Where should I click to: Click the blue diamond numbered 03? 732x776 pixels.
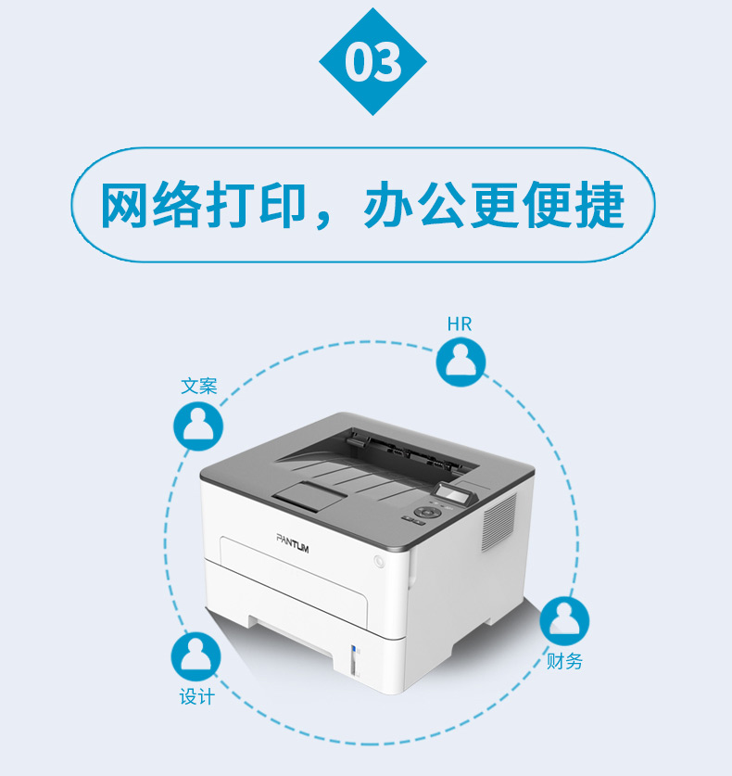[x=372, y=61]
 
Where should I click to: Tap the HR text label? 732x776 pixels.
[x=460, y=324]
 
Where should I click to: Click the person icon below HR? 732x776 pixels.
[x=461, y=362]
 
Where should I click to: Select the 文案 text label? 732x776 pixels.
[x=199, y=386]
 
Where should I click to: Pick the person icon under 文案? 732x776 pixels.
[x=198, y=426]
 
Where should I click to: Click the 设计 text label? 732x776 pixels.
[x=196, y=697]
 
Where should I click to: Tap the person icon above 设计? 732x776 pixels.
[x=196, y=656]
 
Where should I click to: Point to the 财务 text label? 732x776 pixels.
[x=564, y=661]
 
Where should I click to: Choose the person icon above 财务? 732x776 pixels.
[x=564, y=620]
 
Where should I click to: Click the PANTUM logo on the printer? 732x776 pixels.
[x=292, y=543]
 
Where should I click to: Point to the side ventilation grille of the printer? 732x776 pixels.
[x=499, y=522]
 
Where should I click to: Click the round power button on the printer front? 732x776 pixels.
[x=379, y=561]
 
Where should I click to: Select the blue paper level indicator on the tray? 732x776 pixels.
[x=354, y=651]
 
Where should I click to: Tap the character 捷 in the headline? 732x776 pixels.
[x=599, y=205]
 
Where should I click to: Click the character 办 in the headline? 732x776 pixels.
[x=387, y=205]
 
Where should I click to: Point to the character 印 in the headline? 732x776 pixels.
[x=282, y=205]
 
